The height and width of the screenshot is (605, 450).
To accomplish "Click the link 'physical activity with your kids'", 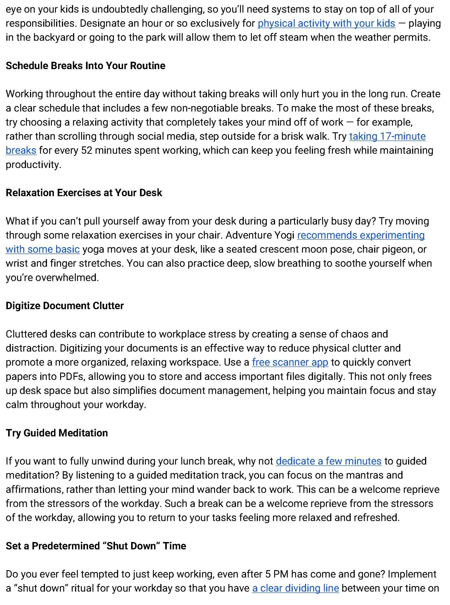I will click(x=326, y=23).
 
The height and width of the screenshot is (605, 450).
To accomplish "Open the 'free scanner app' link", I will click(x=290, y=362).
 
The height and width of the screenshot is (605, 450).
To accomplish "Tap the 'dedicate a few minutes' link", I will click(x=329, y=461).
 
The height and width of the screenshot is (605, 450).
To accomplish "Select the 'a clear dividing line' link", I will click(x=295, y=588).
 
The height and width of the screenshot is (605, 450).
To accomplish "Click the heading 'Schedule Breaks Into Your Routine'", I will click(x=85, y=66).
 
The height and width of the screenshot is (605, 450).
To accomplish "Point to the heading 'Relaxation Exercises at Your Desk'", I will click(x=84, y=193).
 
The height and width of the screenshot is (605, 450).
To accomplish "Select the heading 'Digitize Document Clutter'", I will click(x=65, y=306).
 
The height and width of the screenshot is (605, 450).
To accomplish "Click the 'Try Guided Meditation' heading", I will click(x=57, y=433).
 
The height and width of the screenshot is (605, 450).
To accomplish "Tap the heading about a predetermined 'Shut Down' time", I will click(x=96, y=546).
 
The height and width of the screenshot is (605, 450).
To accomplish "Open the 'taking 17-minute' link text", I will click(x=387, y=136).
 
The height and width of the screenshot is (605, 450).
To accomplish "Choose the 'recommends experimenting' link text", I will click(x=361, y=235).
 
